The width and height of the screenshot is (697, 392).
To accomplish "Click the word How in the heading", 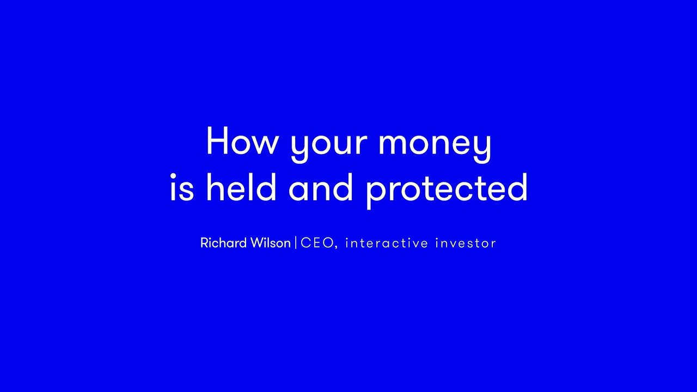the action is click(x=241, y=140).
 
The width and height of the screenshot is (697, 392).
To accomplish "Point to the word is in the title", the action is click(x=182, y=187).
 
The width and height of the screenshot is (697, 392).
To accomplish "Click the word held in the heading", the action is click(x=241, y=187).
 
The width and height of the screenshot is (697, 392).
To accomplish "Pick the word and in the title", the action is click(x=321, y=187).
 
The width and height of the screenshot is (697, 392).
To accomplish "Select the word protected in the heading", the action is click(x=447, y=191).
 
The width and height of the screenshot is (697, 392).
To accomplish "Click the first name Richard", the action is click(x=224, y=243).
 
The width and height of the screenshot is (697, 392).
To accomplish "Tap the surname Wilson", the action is click(x=271, y=243).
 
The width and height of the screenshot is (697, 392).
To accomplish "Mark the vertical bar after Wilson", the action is click(x=296, y=243).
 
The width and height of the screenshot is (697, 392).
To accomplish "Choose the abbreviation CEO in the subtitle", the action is click(x=317, y=243).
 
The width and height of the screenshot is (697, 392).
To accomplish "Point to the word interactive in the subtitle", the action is click(x=387, y=243).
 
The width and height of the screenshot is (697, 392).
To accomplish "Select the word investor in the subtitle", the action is click(x=466, y=243).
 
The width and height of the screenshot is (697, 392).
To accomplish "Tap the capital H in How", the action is click(x=217, y=140).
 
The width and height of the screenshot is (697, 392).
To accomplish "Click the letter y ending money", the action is click(x=482, y=149).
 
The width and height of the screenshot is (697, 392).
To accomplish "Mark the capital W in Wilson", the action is click(x=259, y=243).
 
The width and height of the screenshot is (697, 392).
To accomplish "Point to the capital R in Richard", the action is click(x=204, y=243).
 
